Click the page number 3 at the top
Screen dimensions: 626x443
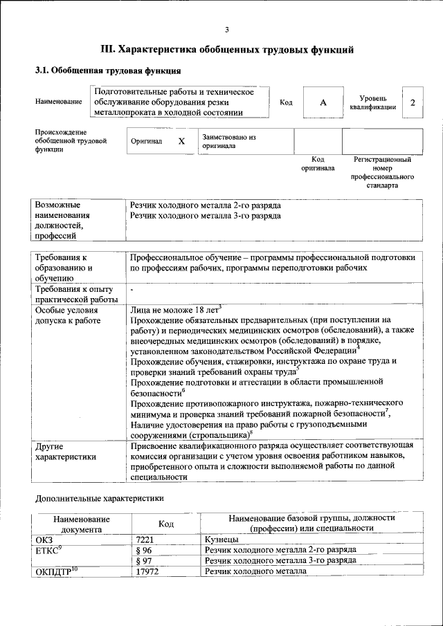coord(226,29)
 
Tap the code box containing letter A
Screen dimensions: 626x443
coord(323,102)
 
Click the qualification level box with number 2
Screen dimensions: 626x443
coord(413,102)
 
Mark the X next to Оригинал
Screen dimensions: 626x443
coord(181,141)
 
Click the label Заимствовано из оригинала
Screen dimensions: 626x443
coord(229,141)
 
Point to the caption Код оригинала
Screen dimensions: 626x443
coord(318,163)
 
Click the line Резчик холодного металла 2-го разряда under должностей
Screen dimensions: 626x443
coord(205,205)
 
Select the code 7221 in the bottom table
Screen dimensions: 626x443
coord(144,538)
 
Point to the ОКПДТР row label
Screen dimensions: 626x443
coord(56,571)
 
